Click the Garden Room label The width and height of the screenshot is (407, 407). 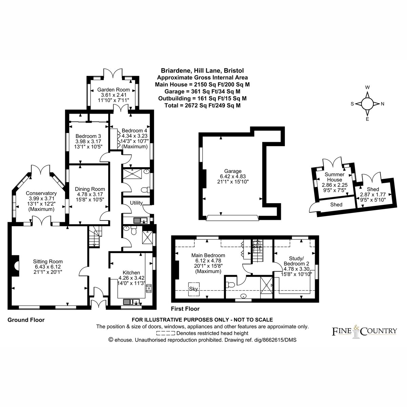click(113, 90)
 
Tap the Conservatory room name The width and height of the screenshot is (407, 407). click(41, 193)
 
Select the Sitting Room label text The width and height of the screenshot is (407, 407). click(48, 261)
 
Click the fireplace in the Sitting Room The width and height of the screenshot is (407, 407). click(15, 266)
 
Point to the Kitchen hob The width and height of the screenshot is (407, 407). click(149, 288)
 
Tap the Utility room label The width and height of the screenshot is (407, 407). click(136, 203)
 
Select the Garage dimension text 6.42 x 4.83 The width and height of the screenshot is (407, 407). click(233, 176)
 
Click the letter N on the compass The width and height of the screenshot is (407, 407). click(383, 104)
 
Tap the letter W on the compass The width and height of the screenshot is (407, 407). click(368, 87)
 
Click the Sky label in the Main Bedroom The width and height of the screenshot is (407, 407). click(193, 289)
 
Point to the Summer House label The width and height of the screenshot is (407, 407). click(334, 177)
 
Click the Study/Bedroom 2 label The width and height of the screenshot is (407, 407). click(296, 261)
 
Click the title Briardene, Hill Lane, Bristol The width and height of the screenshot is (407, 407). click(202, 70)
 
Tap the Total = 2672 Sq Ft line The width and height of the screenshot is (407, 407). click(202, 105)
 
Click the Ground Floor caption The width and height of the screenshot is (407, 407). click(26, 320)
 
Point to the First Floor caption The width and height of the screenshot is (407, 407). click(185, 309)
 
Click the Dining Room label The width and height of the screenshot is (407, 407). click(90, 189)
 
